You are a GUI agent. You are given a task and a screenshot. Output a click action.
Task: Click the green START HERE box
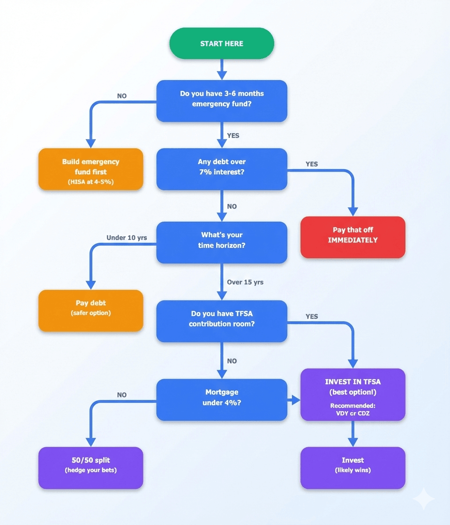(x=222, y=44)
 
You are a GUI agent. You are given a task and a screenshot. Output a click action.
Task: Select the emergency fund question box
(x=222, y=101)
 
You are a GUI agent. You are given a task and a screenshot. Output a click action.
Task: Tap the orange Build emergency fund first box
(x=90, y=169)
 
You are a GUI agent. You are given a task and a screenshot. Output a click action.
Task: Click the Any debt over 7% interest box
(x=222, y=169)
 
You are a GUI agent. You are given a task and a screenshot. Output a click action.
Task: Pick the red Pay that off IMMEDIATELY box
(x=352, y=237)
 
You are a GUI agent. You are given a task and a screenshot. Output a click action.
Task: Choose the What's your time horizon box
(x=222, y=242)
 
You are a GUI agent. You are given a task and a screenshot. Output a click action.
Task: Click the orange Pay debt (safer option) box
(x=90, y=311)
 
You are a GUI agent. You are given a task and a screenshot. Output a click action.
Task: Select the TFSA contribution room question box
(x=222, y=321)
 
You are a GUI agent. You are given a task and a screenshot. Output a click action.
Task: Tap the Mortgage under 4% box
(x=222, y=399)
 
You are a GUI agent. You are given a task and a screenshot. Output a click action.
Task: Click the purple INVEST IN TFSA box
(x=352, y=394)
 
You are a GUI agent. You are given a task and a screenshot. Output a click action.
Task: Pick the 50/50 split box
(x=90, y=468)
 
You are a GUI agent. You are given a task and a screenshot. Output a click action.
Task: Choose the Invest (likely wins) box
(x=352, y=468)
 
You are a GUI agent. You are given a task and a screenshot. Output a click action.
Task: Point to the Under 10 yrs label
(x=127, y=238)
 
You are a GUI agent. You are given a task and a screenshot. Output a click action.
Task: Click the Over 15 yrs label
(x=245, y=282)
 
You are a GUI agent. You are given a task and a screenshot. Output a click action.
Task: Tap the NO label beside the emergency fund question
(x=122, y=96)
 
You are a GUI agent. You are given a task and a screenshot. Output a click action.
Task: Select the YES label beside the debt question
(x=312, y=164)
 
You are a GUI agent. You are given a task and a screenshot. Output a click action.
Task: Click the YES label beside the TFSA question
(x=312, y=316)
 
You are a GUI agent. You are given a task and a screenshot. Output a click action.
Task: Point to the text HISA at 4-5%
(x=90, y=182)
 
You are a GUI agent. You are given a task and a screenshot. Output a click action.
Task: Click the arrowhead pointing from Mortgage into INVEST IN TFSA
(x=295, y=400)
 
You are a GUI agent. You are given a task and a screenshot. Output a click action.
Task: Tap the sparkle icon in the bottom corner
(x=423, y=498)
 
